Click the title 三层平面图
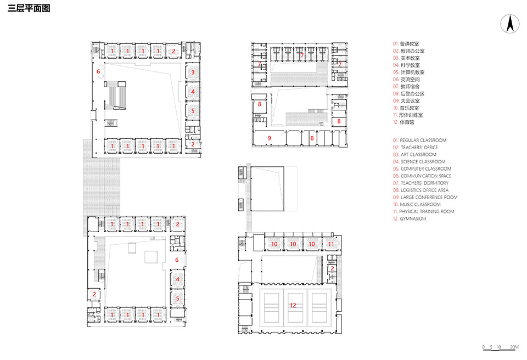29,9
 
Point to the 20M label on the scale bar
514,347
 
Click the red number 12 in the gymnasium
293,306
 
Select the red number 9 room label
270,138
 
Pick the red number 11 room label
330,243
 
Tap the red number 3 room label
193,72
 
